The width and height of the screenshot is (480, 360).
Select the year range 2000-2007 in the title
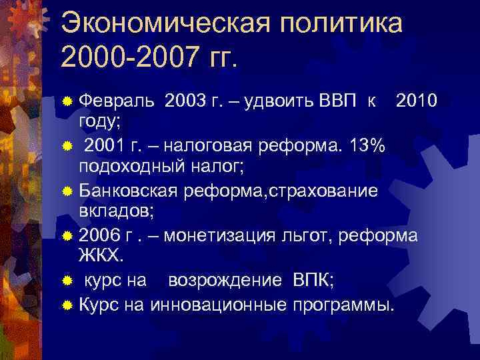pyautogui.click(x=129, y=58)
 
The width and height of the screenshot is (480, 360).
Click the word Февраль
pyautogui.click(x=117, y=101)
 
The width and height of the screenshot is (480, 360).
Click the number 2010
pyautogui.click(x=417, y=101)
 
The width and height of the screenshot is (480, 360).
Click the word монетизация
pyautogui.click(x=216, y=236)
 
